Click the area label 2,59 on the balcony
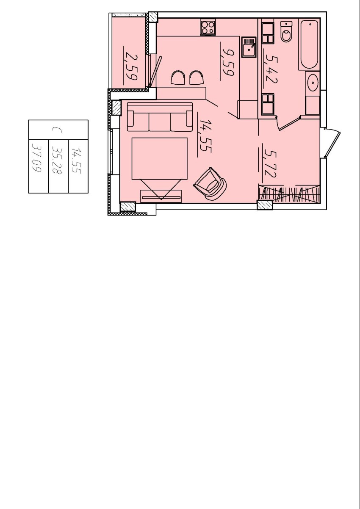point(131,66)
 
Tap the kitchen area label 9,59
point(227,61)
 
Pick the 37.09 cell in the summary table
point(36,158)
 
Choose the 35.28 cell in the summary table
point(57,160)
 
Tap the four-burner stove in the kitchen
point(208,27)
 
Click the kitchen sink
point(249,47)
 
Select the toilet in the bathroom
point(286,31)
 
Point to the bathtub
point(309,44)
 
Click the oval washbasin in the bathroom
point(313,83)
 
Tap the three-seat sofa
point(160,117)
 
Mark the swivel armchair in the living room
point(210,184)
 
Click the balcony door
point(155,72)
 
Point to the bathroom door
point(289,123)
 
